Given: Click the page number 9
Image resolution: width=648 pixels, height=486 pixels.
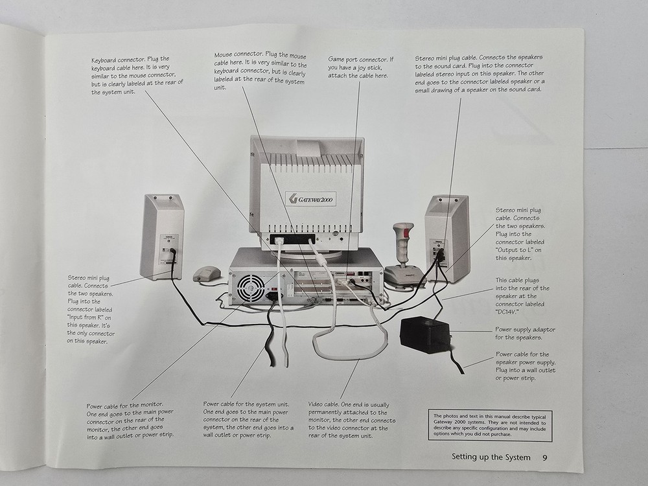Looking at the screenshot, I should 545,457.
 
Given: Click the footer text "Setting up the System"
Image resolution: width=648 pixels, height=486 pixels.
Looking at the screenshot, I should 491,457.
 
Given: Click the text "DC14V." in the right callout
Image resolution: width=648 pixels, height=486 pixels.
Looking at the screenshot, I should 509,311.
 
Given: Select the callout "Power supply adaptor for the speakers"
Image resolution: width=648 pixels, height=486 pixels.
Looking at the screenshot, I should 525,333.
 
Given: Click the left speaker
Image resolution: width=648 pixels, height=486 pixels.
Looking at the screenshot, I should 162,235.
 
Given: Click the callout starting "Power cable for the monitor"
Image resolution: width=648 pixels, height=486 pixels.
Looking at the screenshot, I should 130,419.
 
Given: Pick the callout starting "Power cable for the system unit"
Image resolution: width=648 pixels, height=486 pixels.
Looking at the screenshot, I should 248,419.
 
